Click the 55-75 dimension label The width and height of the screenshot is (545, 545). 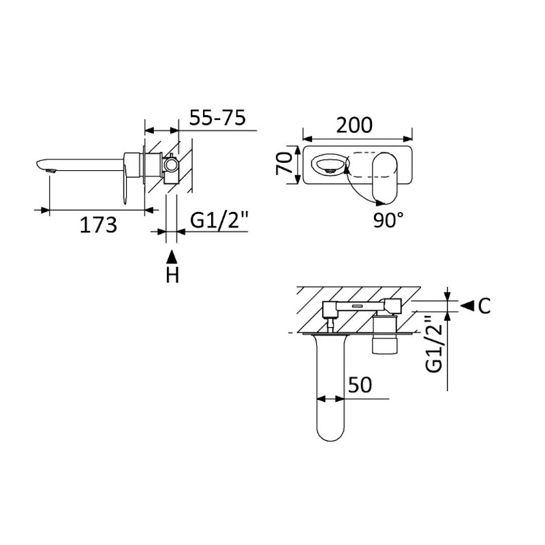pyautogui.click(x=217, y=117)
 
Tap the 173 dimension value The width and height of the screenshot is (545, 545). pyautogui.click(x=98, y=225)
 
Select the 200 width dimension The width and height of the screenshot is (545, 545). pyautogui.click(x=354, y=125)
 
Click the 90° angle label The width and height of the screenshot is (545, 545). pyautogui.click(x=388, y=219)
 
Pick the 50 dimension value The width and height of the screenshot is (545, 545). pyautogui.click(x=360, y=385)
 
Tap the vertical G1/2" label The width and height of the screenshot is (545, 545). pyautogui.click(x=433, y=344)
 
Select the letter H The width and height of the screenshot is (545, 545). pyautogui.click(x=172, y=275)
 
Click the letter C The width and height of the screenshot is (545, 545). pyautogui.click(x=484, y=306)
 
